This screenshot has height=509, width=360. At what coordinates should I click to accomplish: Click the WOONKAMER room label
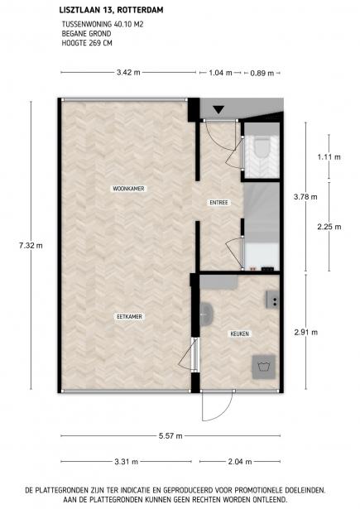[x=128, y=189]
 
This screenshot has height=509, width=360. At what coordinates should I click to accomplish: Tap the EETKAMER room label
[x=130, y=316]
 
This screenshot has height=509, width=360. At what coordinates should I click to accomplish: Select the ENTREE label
[x=218, y=203]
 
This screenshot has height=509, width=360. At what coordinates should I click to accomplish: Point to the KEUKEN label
[x=240, y=334]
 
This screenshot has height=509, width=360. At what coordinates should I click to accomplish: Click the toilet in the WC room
[x=262, y=147]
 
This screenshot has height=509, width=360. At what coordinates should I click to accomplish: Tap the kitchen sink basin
[x=206, y=314]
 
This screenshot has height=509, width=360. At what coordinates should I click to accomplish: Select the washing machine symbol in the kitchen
[x=264, y=367]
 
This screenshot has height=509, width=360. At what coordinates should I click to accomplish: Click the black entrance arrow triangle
[x=218, y=109]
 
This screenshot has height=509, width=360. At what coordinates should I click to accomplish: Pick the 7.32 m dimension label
[x=31, y=246]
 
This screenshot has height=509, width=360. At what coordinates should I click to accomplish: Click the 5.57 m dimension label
[x=170, y=436]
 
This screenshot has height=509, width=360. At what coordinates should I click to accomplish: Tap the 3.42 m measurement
[x=128, y=72]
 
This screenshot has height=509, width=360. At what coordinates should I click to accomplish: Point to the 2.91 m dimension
[x=305, y=333]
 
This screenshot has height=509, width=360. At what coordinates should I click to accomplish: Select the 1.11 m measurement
[x=329, y=157]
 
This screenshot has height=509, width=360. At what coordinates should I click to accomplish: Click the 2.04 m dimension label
[x=240, y=462]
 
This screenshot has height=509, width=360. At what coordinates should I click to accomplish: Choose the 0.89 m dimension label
[x=262, y=73]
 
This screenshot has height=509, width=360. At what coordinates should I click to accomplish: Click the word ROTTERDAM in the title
[x=140, y=10]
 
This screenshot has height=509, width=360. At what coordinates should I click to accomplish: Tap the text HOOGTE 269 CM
[x=87, y=43]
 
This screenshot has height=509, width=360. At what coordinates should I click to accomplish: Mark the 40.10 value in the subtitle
[x=122, y=24]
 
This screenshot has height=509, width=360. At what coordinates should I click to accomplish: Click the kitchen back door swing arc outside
[x=228, y=413]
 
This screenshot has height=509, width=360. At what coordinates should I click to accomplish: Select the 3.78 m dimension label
[x=305, y=197]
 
